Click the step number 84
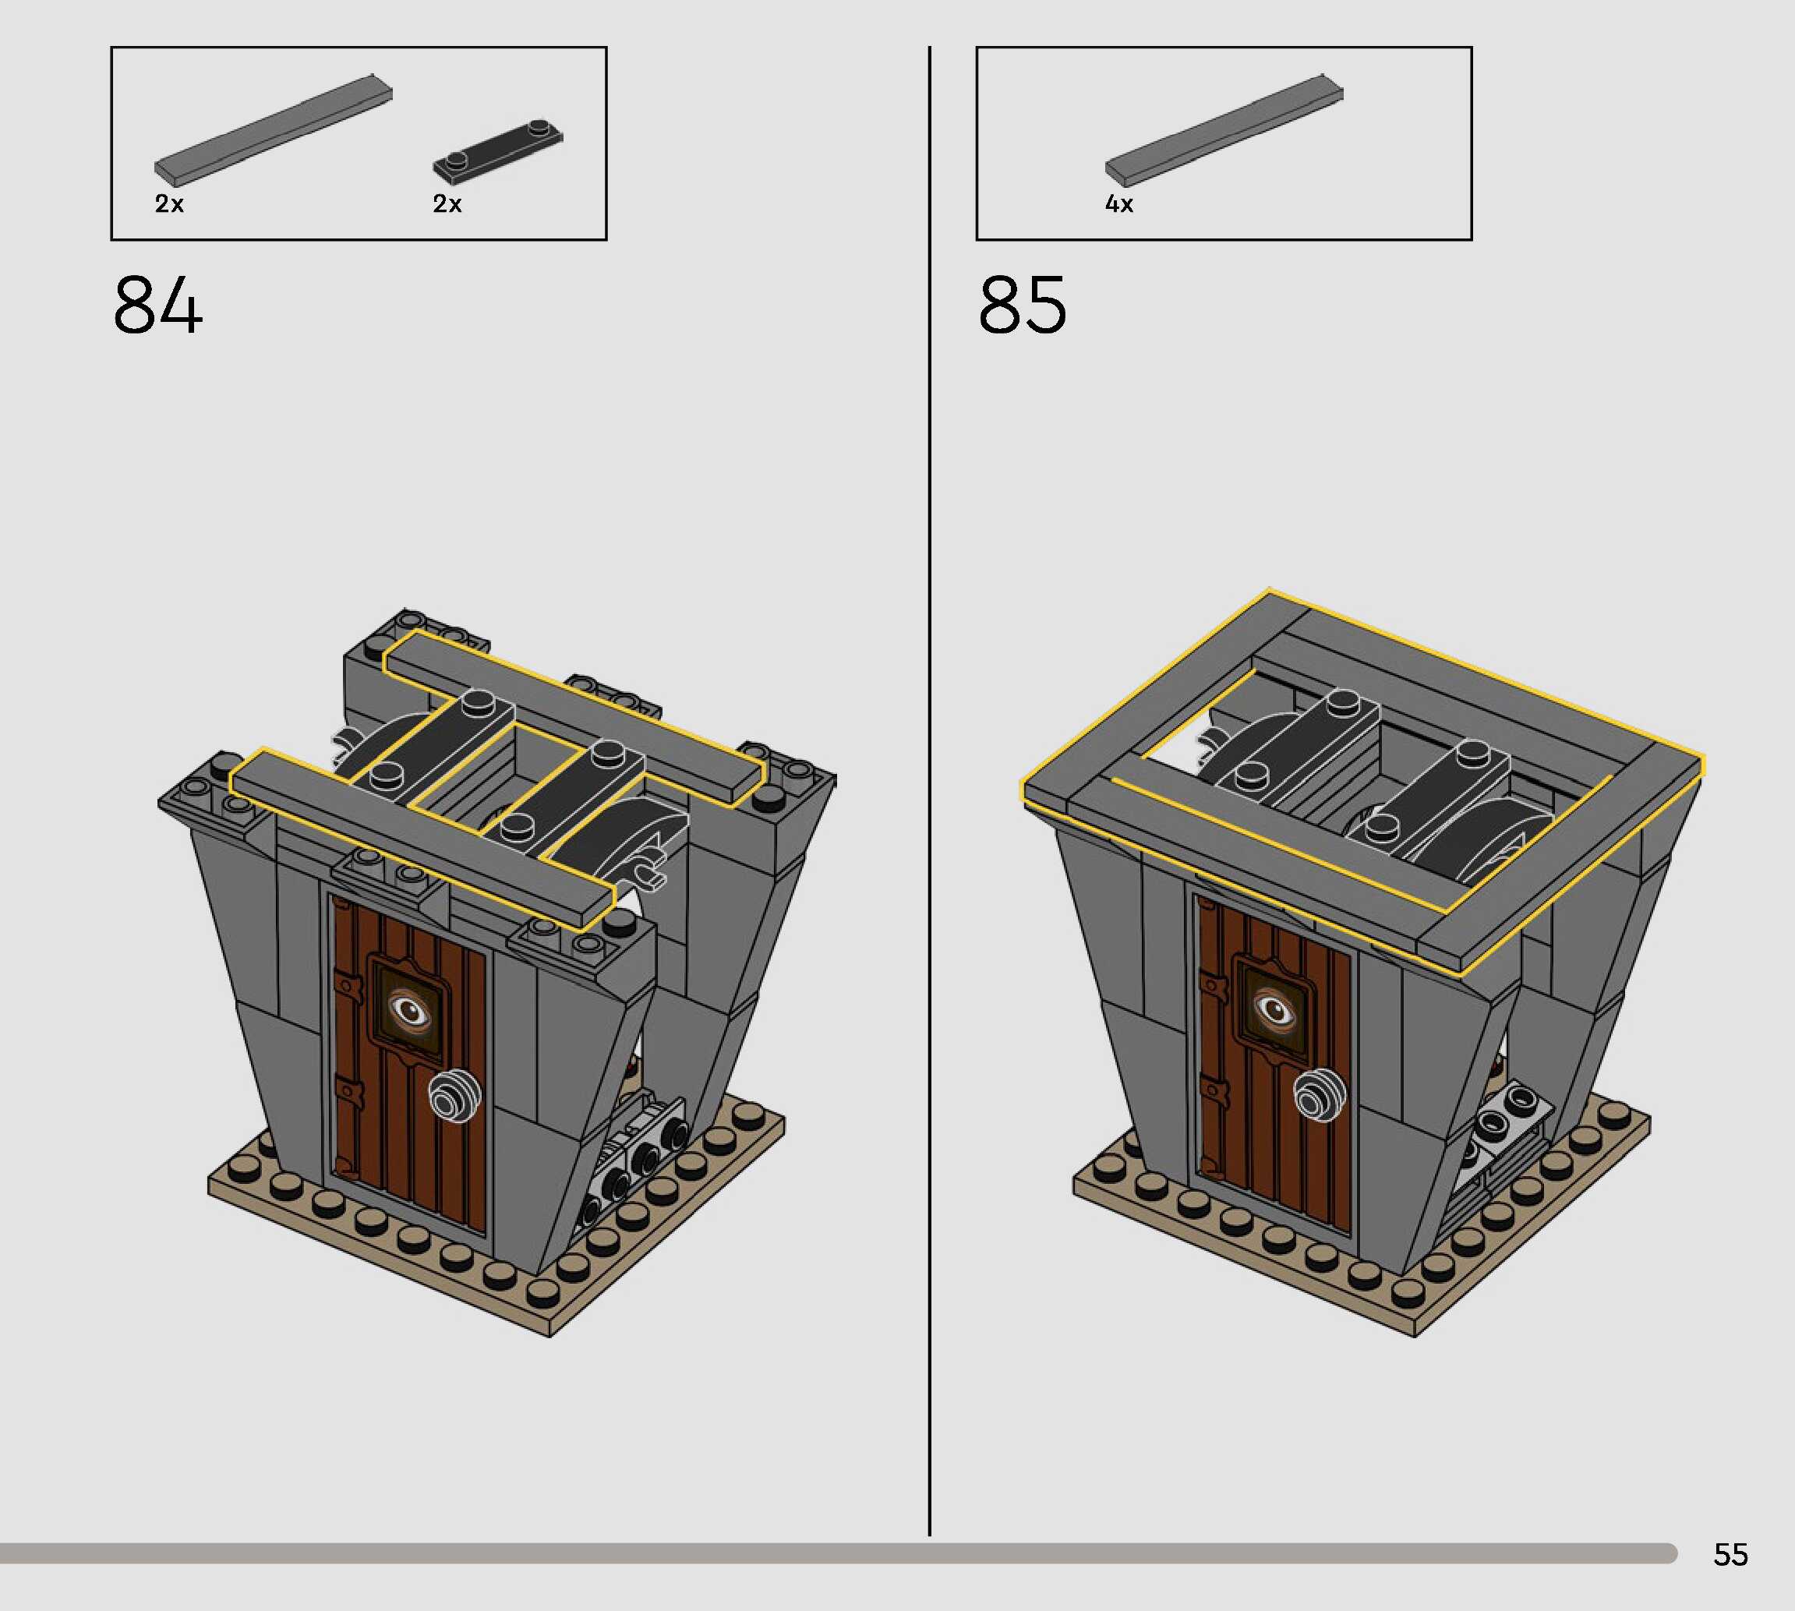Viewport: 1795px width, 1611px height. (x=157, y=305)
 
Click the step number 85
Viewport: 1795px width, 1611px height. (x=1023, y=305)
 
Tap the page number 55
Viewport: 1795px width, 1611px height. (x=1730, y=1554)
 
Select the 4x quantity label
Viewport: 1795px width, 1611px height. (x=1118, y=204)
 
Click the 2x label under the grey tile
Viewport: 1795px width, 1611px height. (x=169, y=204)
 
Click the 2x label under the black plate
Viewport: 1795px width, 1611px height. (x=447, y=204)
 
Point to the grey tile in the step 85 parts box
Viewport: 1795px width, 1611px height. (x=1224, y=130)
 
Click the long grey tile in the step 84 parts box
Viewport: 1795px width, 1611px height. (x=274, y=130)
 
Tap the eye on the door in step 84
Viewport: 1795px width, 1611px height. (x=409, y=1010)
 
